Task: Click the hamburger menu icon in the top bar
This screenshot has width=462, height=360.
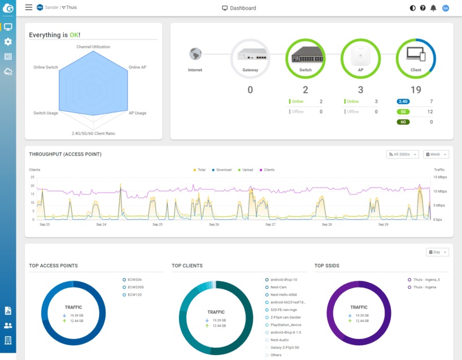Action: click(29, 8)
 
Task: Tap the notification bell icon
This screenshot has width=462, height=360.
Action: click(433, 8)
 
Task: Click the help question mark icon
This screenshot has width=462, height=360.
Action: click(422, 8)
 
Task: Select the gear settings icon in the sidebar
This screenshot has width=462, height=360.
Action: click(8, 42)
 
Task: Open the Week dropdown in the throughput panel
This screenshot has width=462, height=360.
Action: click(437, 154)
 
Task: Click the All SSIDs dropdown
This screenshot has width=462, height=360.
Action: click(403, 154)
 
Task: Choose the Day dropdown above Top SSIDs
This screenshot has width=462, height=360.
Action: click(438, 251)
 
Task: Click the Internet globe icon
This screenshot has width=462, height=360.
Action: click(195, 54)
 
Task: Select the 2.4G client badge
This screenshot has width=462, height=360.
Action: click(404, 101)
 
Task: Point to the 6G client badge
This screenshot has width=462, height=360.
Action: click(404, 122)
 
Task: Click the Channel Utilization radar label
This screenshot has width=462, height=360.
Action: click(93, 47)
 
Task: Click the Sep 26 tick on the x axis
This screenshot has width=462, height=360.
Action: click(214, 224)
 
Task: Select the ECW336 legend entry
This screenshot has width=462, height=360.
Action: click(133, 280)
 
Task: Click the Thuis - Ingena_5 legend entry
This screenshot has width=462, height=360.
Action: click(427, 280)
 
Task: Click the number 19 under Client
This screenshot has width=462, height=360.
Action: click(416, 89)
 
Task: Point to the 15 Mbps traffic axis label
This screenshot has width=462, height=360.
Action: click(440, 177)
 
